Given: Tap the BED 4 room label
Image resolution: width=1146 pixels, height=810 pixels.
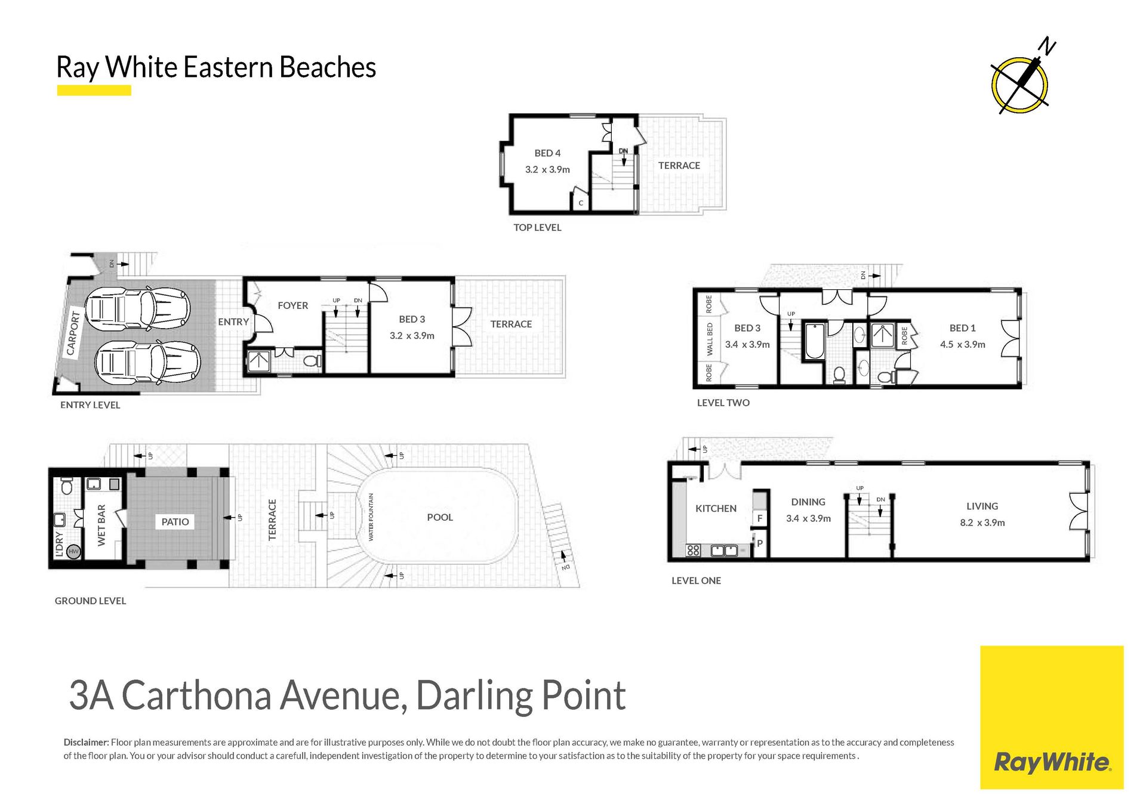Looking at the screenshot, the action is [547, 153].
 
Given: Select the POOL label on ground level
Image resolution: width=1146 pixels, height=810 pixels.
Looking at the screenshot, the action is [440, 517].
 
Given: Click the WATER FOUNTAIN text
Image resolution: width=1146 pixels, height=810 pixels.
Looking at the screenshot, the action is [371, 517].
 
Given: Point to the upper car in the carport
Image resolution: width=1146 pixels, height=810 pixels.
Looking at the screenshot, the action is [137, 308].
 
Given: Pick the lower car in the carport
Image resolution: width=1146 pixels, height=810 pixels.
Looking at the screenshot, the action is [147, 362].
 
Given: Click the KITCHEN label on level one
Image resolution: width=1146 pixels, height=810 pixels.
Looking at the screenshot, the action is [716, 508].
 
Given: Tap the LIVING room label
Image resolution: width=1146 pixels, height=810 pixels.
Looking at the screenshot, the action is [982, 506].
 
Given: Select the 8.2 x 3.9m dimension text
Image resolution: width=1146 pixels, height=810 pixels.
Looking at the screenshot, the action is [982, 523].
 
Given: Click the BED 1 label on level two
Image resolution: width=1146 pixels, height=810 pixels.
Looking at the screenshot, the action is [962, 328].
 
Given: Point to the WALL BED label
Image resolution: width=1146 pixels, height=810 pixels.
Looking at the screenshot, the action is [710, 339].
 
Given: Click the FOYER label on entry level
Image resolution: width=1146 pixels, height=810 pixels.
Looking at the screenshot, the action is [292, 305].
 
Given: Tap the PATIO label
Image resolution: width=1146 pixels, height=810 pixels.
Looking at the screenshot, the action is [175, 522].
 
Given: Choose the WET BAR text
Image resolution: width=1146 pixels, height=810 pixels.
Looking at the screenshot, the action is [101, 525].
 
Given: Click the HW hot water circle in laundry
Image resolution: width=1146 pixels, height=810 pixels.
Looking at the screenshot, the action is [73, 552].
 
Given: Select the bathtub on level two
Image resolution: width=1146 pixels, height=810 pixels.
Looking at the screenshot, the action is [814, 341].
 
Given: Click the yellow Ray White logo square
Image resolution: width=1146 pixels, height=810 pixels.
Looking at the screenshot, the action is [1052, 718].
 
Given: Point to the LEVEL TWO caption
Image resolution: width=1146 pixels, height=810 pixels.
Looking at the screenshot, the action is [723, 403].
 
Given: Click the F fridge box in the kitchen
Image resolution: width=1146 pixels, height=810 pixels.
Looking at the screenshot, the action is [759, 518].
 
